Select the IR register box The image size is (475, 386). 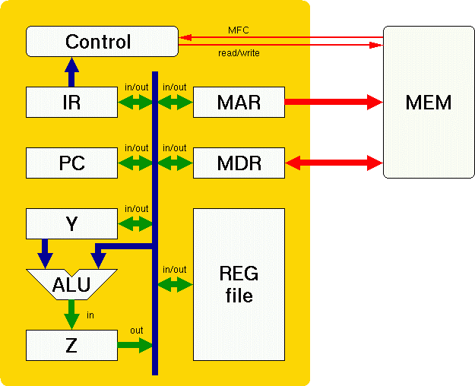coord(71,102)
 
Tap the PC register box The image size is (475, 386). coord(71,163)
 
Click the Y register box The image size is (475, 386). coord(71,223)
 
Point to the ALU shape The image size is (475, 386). coord(71,284)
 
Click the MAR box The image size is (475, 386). coord(239,102)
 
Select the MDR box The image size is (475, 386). coord(239,163)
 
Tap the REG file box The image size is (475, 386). coord(239,284)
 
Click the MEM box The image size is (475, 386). coord(429,102)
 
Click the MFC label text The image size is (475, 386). coord(238,30)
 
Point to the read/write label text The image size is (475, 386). coord(238,53)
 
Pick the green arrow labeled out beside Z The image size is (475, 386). coord(135,345)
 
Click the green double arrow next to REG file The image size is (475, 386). coord(174,284)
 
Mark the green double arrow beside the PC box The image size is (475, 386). coord(136,163)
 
